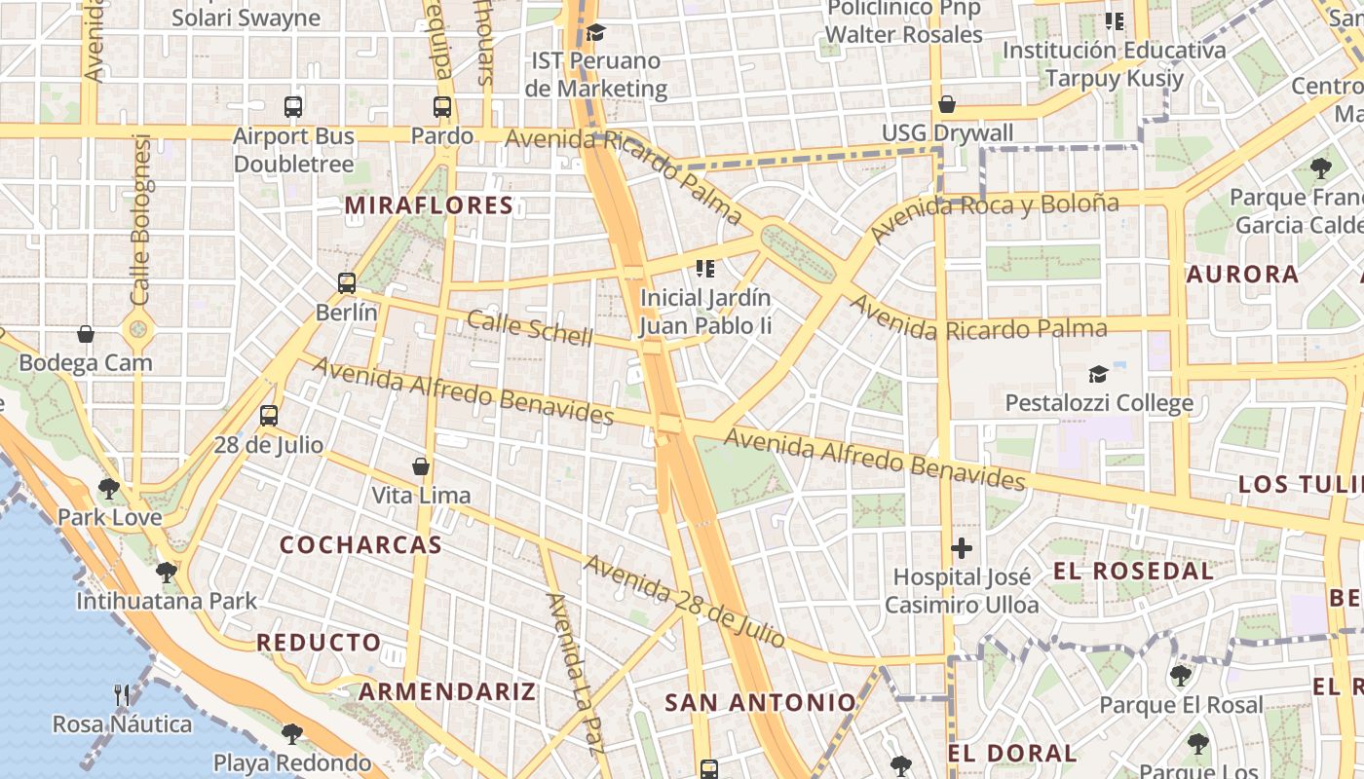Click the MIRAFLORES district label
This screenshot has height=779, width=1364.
429,205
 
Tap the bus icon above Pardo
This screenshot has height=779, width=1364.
442,107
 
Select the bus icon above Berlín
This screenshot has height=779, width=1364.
347,283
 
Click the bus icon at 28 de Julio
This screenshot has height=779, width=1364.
269,416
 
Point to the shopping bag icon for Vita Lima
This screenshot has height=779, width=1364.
421,466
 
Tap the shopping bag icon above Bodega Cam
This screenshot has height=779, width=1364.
86,334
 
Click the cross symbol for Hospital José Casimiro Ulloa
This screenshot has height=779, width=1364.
962,548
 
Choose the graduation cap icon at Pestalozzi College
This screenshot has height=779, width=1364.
1098,374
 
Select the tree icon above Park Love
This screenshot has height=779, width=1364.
109,488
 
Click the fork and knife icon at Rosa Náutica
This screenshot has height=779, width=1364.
122,695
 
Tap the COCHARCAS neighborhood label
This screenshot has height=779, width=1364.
361,545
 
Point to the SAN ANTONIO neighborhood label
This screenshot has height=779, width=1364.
760,702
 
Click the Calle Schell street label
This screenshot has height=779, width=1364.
529,328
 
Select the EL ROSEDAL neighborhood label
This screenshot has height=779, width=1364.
1134,571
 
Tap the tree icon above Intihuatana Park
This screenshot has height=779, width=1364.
167,572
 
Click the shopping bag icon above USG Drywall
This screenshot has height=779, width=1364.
946,104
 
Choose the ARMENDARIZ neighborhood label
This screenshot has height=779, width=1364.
447,692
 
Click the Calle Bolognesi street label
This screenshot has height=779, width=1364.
142,219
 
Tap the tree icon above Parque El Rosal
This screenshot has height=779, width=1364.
1181,675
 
